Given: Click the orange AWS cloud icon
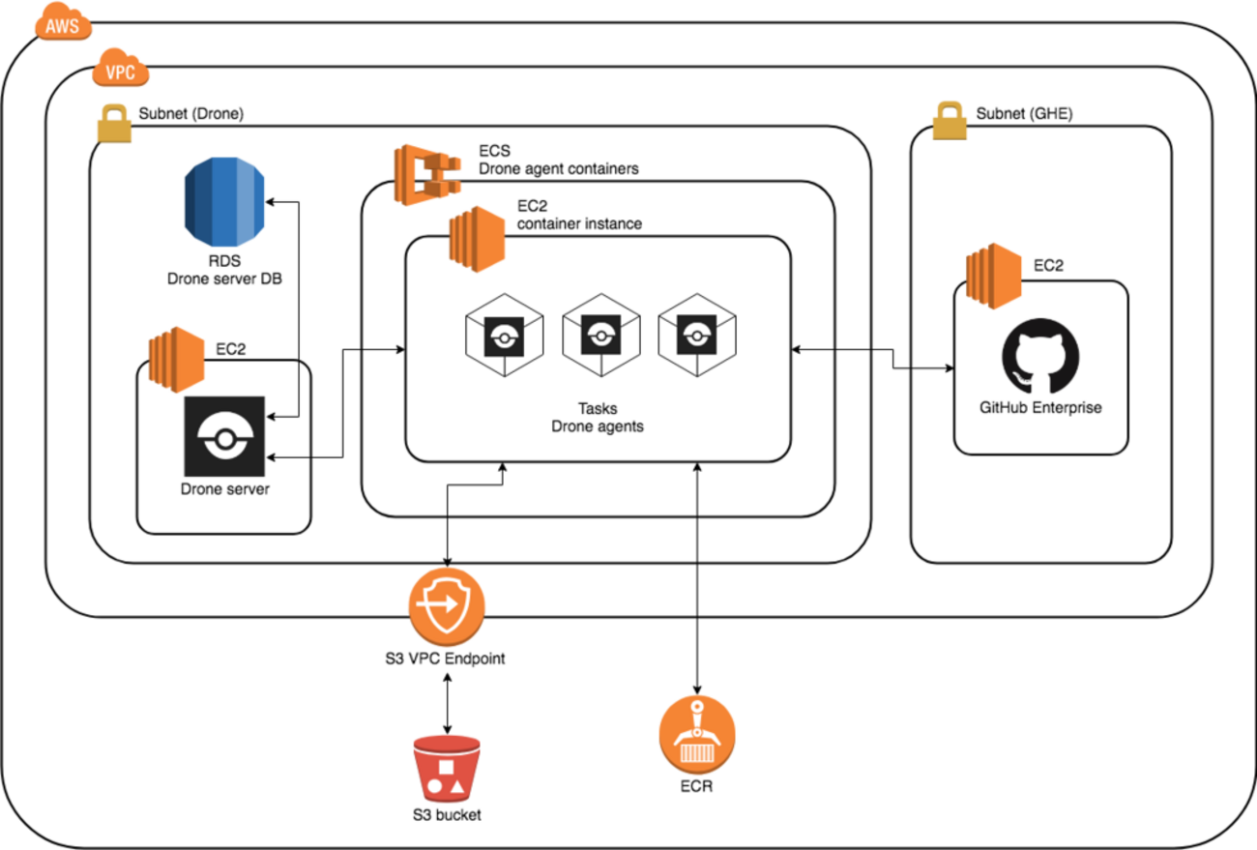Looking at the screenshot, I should [x=63, y=21].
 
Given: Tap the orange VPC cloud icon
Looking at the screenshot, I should [x=121, y=68].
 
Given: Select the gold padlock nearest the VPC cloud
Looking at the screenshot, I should [x=114, y=125].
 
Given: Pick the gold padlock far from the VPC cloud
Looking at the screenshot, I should [x=950, y=122].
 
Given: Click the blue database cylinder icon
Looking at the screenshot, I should [x=224, y=201].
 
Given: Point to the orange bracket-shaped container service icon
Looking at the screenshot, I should [x=425, y=174].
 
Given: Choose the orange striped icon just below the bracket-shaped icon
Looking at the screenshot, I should [x=477, y=239].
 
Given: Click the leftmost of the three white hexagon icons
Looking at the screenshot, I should [x=504, y=336].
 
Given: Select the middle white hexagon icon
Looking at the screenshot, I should [x=600, y=336].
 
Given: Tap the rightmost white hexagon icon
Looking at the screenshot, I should [x=697, y=336].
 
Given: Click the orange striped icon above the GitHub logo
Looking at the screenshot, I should [x=994, y=276].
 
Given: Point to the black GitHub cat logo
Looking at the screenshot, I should [x=1040, y=356].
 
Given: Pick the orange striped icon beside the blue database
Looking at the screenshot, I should [x=176, y=360].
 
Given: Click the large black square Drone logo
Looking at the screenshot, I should [x=224, y=436].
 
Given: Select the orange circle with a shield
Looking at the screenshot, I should [x=447, y=606].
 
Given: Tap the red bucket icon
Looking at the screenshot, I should [x=447, y=769].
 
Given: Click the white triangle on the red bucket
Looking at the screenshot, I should [x=457, y=786].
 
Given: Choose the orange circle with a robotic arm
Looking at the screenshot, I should [x=697, y=734].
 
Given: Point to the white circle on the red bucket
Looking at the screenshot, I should [x=435, y=786].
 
